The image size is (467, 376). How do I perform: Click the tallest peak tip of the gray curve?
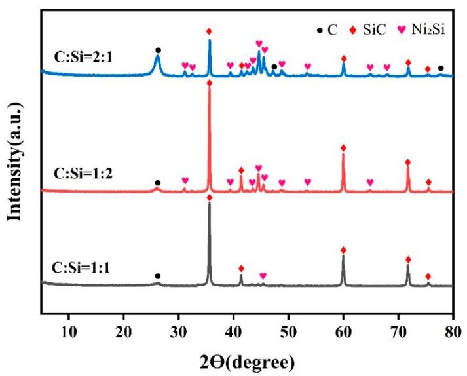(x=210, y=203)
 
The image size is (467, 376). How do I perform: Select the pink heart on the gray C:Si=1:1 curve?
(x=263, y=276)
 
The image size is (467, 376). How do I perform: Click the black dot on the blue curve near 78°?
(x=441, y=68)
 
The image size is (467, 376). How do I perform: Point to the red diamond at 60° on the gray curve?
(x=343, y=250)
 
